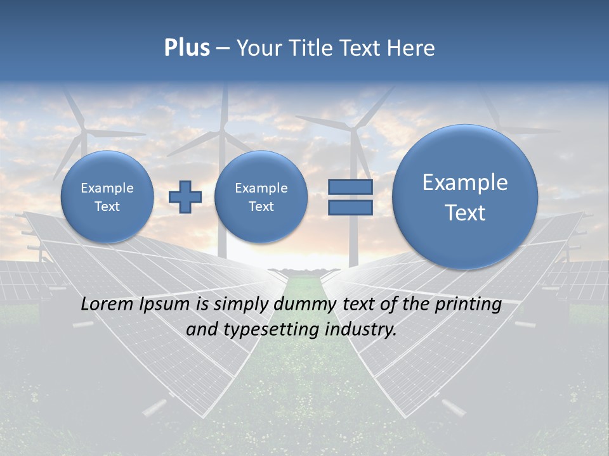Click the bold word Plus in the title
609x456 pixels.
187,48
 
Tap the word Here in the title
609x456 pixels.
412,48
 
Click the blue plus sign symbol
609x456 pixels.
185,197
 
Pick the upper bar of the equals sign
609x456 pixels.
350,187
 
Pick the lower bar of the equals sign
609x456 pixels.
350,207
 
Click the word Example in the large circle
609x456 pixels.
465,182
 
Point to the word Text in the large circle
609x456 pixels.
465,213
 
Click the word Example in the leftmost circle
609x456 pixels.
107,188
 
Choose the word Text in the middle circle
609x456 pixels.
261,206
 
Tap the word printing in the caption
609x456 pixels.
469,304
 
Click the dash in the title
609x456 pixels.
223,48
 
